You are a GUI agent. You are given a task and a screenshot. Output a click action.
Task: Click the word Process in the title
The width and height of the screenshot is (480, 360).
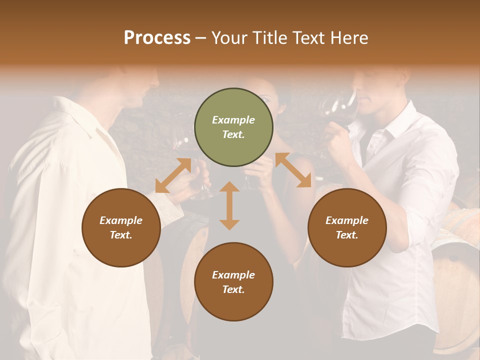point(157,38)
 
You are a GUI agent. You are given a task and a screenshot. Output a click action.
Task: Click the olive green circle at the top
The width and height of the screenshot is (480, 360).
point(233,127)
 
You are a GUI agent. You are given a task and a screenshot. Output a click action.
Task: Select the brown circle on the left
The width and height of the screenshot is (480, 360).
point(121,227)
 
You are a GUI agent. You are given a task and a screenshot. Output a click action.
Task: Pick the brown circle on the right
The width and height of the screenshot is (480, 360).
point(347,227)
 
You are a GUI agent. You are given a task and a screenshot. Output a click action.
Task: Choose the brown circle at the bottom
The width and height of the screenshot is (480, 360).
point(233,281)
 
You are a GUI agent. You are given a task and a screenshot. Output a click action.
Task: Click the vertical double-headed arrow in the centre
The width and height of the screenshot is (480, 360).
point(229,205)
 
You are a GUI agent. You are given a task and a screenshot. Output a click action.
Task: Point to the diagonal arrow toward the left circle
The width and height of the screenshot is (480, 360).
point(173,175)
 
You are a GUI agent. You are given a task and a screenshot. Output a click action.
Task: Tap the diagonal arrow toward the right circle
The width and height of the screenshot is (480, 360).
point(293,170)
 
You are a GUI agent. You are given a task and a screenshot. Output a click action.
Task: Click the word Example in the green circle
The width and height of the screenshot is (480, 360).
point(233,120)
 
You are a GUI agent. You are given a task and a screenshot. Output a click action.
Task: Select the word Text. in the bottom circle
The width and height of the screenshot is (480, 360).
point(233,289)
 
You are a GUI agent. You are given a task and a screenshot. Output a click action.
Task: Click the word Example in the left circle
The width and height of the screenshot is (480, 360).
point(121,220)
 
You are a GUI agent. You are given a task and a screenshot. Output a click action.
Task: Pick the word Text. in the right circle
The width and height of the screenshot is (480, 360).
point(347,235)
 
